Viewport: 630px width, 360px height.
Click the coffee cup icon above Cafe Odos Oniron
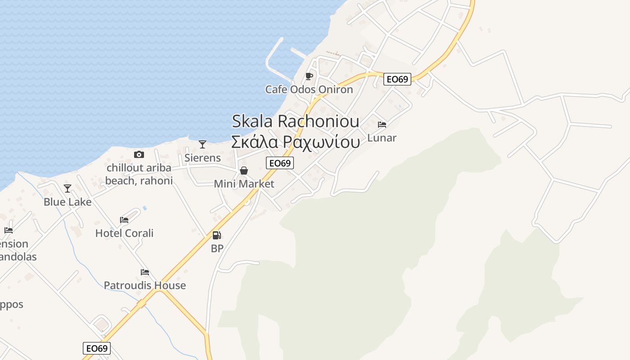pos(309,76)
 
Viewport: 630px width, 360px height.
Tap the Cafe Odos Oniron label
pos(309,89)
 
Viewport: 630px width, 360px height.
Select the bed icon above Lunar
pos(382,124)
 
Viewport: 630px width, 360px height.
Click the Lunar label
pos(382,138)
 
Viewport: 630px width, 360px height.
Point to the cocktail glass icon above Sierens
pos(202,144)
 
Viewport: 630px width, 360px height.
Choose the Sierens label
pos(202,157)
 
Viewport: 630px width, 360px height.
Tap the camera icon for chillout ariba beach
pos(139,155)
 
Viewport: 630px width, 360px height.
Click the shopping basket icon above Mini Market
pos(244,171)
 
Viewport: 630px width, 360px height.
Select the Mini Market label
pos(244,184)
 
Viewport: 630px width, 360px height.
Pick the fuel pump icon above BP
pos(217,235)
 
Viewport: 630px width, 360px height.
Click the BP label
pos(217,248)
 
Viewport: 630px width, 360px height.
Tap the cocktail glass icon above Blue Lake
pos(67,189)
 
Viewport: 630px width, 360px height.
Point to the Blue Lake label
pos(67,202)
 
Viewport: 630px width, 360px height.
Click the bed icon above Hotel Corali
pos(124,220)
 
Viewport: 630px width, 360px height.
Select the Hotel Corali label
pos(124,233)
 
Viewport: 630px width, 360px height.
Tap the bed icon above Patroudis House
pos(145,272)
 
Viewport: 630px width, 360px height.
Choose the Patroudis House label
pos(145,285)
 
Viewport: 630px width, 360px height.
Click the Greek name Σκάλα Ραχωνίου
pos(295,142)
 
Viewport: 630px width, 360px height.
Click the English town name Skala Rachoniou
pos(295,121)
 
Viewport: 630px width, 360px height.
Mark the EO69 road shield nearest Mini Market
pos(280,163)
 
